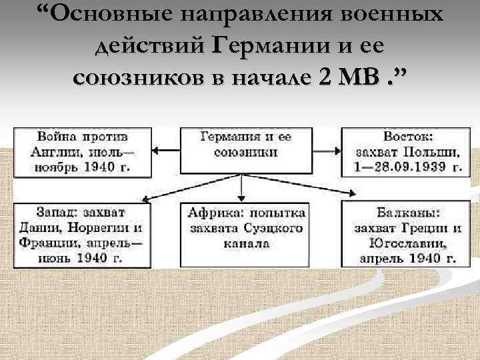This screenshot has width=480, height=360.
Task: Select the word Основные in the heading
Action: pyautogui.click(x=108, y=15)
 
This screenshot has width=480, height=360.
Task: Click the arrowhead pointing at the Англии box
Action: pyautogui.click(x=154, y=152)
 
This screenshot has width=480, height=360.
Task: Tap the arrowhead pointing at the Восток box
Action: pyautogui.click(x=337, y=152)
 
